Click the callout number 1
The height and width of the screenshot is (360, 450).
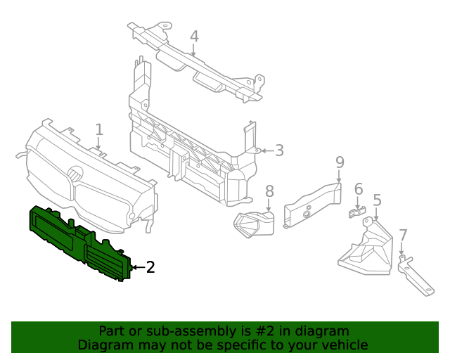pyautogui.click(x=99, y=129)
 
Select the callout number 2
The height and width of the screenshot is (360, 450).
pyautogui.click(x=150, y=267)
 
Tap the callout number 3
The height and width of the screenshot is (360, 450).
pyautogui.click(x=279, y=150)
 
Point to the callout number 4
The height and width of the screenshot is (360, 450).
pyautogui.click(x=194, y=37)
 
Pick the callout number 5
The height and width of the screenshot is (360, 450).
pyautogui.click(x=377, y=200)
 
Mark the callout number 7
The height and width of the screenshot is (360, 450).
pyautogui.click(x=402, y=236)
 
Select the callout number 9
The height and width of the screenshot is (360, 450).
pyautogui.click(x=340, y=162)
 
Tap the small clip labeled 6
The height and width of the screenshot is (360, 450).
pyautogui.click(x=359, y=212)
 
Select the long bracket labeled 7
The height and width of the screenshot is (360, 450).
pyautogui.click(x=415, y=278)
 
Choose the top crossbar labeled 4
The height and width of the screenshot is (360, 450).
pyautogui.click(x=197, y=67)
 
